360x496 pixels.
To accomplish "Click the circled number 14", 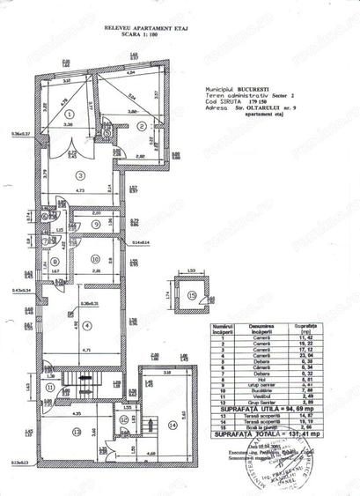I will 172,425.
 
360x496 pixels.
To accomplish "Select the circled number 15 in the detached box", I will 193,294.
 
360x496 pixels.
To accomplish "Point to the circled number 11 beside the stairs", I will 50,387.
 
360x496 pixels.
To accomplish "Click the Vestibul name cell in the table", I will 268,396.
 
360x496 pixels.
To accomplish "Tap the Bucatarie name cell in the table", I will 268,390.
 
